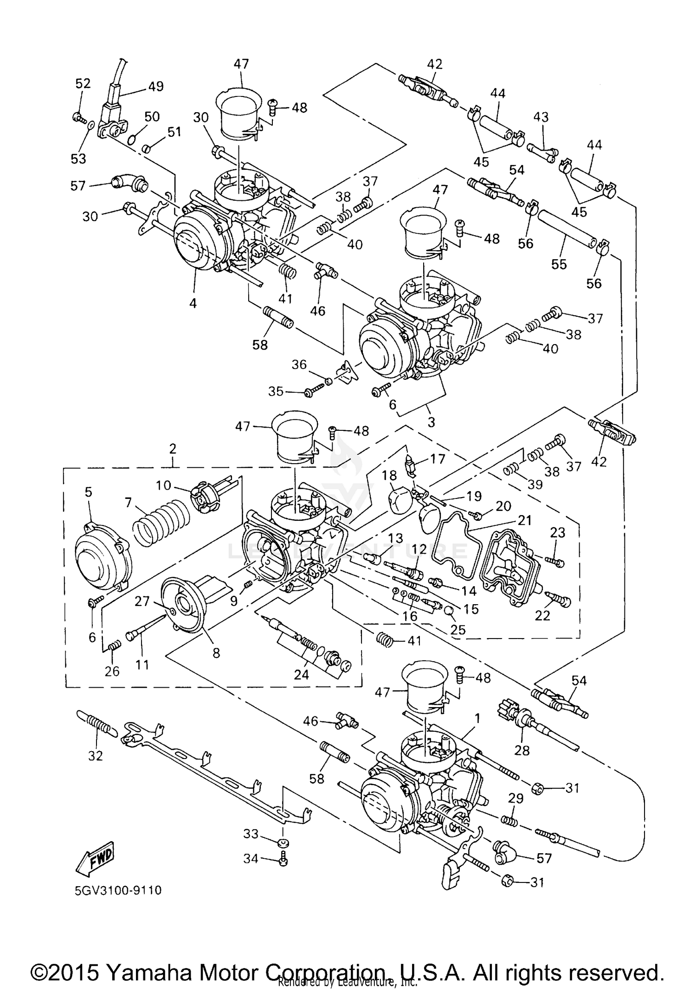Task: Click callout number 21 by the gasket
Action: pyautogui.click(x=525, y=520)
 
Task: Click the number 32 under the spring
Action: pyautogui.click(x=95, y=756)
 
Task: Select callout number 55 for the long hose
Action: pyautogui.click(x=559, y=264)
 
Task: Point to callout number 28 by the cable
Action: pyautogui.click(x=522, y=750)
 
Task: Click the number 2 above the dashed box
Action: pyautogui.click(x=173, y=448)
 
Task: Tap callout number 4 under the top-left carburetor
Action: pyautogui.click(x=193, y=303)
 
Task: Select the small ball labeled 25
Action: pyautogui.click(x=448, y=611)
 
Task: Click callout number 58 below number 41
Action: pyautogui.click(x=260, y=345)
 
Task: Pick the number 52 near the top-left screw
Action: pyautogui.click(x=83, y=83)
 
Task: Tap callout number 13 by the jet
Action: pyautogui.click(x=396, y=538)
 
